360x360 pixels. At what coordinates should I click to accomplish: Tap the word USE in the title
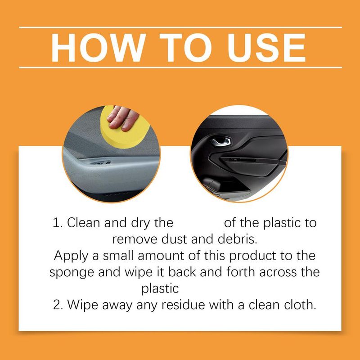tap(266, 48)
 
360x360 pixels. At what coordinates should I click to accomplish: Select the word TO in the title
tap(185, 48)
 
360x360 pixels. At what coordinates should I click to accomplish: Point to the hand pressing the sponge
tap(122, 118)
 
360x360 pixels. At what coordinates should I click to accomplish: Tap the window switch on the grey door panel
tap(101, 163)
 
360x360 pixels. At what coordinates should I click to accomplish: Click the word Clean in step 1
tap(84, 222)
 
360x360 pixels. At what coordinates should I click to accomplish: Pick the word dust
tap(175, 239)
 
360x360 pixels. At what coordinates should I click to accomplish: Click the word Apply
tap(71, 256)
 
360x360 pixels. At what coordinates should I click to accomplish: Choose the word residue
tap(183, 305)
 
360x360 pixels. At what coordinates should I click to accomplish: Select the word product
tap(252, 256)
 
